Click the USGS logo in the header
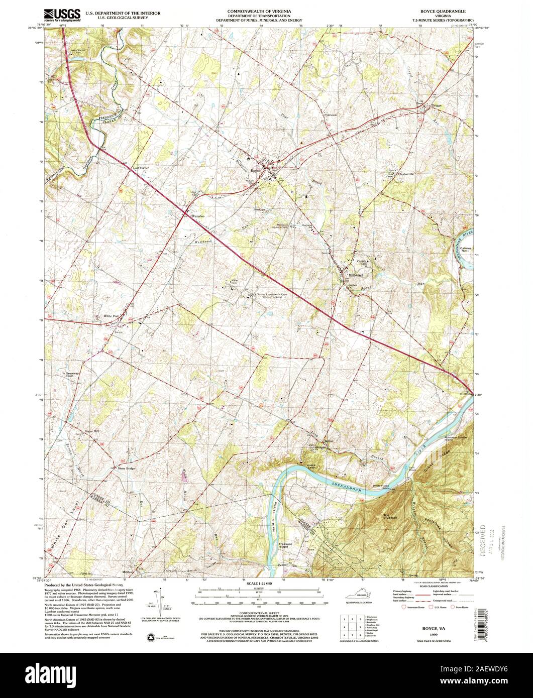(62, 15)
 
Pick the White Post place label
(111, 316)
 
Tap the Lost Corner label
(141, 168)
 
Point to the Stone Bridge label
(127, 468)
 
